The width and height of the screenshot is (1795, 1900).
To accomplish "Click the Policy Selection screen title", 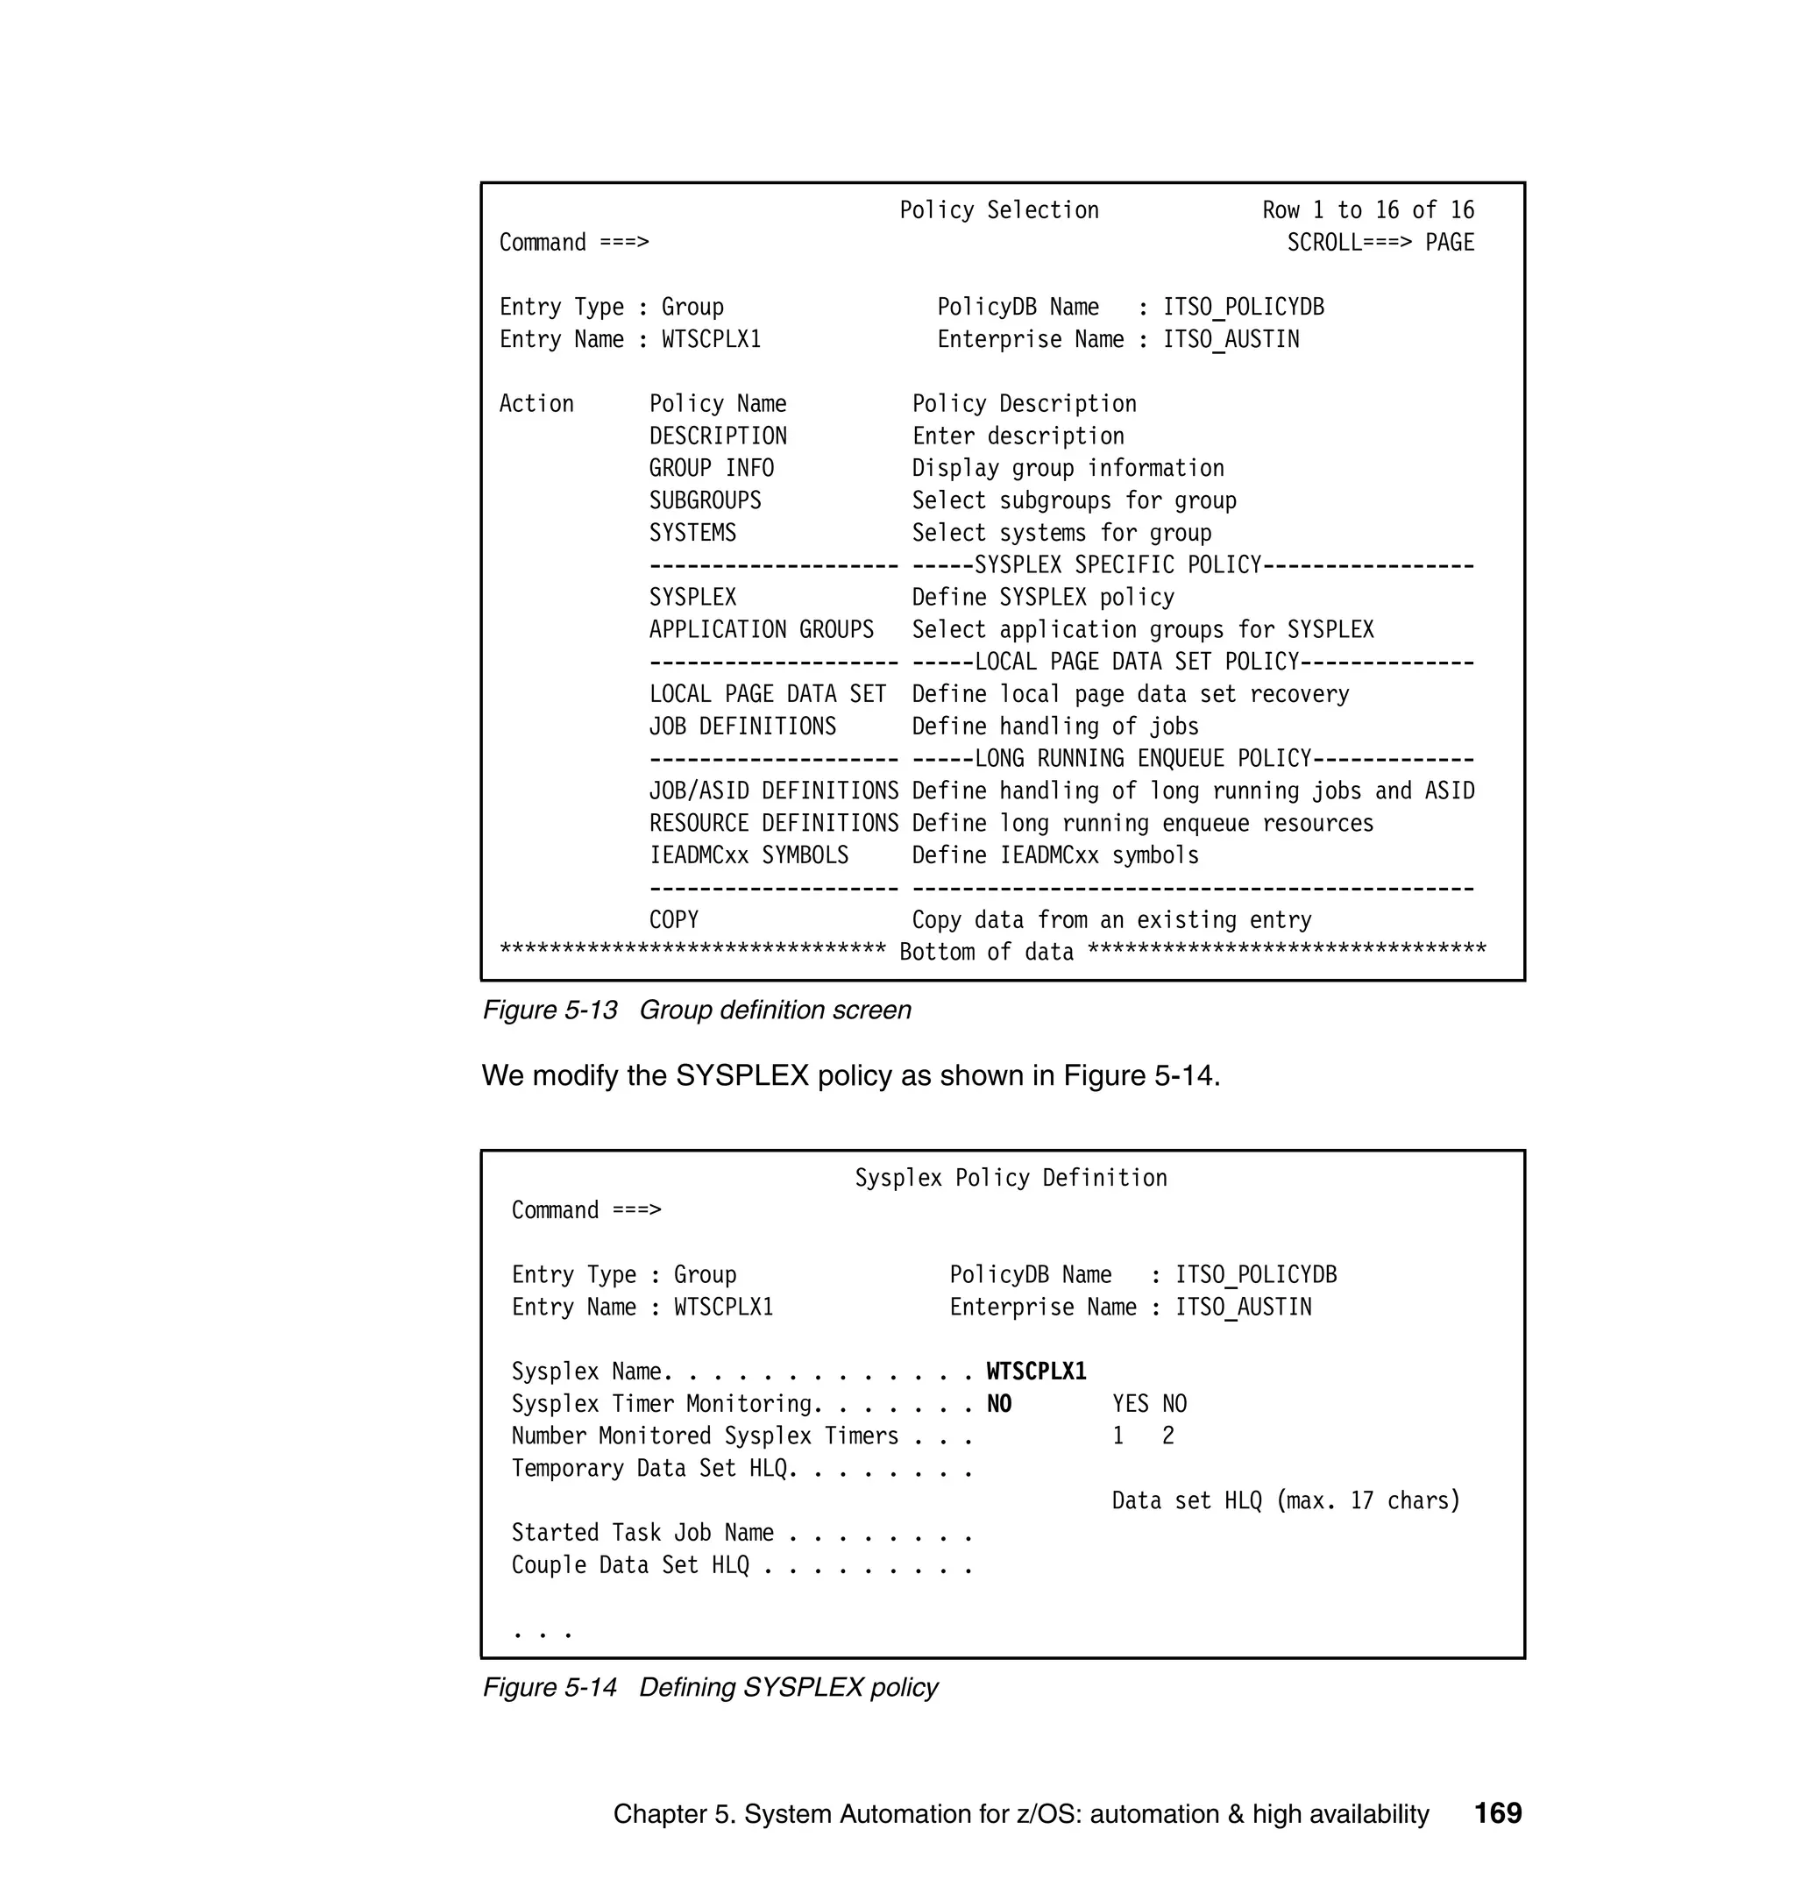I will coord(999,210).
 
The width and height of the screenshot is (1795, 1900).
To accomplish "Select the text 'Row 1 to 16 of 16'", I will coord(1367,210).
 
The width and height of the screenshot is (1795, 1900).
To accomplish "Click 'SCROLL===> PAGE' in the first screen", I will coord(1380,243).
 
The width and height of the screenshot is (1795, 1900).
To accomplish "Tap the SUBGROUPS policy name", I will coord(706,500).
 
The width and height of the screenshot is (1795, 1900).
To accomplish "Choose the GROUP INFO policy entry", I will coord(711,469).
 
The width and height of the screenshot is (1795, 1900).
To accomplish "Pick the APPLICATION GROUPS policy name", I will coord(761,629).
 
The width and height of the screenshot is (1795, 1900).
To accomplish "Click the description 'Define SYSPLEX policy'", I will coord(1043,598).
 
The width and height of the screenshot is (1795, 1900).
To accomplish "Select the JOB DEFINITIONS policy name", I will coord(742,727).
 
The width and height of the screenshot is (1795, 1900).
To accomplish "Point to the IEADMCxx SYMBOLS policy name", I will coord(749,856).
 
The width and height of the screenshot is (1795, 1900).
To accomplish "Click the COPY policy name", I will coord(674,920).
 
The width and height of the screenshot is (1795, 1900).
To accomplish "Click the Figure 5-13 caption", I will coord(697,1010).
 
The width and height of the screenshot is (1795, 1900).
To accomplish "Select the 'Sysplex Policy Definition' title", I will coord(1011,1179).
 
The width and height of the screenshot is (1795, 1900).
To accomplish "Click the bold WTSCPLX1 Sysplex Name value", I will coord(1036,1372).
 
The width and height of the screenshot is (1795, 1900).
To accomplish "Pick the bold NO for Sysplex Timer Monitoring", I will coord(999,1405).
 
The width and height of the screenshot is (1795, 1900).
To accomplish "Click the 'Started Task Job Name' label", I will coord(642,1534).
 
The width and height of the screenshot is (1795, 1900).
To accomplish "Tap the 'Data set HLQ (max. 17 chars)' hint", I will coord(1285,1501).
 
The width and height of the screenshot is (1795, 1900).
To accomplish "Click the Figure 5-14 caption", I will coord(710,1688).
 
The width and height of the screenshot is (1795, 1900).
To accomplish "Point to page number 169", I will coord(1497,1813).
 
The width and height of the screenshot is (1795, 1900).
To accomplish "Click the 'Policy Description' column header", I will coord(1024,404).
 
